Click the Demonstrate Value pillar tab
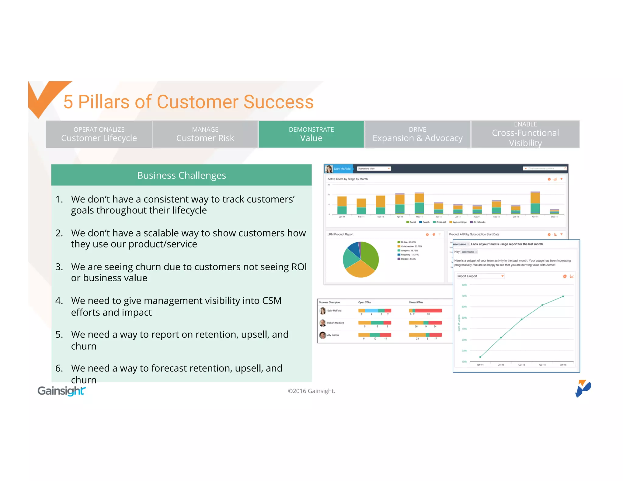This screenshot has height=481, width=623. (311, 134)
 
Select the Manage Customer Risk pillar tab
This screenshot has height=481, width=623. (205, 134)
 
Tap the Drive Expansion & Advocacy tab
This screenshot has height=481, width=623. (417, 134)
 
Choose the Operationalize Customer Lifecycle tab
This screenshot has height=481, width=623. (99, 134)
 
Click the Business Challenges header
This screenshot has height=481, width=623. (181, 175)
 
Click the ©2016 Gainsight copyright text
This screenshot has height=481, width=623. (311, 391)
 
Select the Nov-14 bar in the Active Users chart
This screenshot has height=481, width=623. (535, 203)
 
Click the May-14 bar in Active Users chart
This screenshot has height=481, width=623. (419, 203)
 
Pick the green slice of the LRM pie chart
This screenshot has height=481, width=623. (370, 255)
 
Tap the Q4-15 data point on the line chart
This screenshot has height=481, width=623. (563, 296)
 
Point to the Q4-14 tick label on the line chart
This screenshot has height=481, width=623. (480, 365)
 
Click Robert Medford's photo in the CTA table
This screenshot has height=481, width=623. (322, 323)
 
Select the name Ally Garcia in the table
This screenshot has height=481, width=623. (333, 335)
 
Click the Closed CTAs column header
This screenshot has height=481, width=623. (416, 302)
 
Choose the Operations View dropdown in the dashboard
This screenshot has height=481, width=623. (374, 168)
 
